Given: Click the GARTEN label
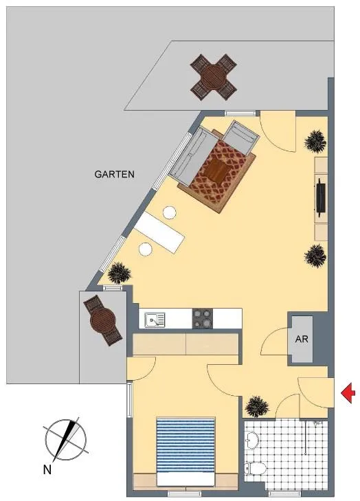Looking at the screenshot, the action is coord(114,175).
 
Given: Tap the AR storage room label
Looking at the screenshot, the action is coord(302,339).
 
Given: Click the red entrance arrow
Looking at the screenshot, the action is coord(348,392).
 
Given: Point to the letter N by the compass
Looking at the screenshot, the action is coord(47,469).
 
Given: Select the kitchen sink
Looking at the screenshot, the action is coord(155,320).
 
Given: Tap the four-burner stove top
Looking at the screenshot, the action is coord(203,318).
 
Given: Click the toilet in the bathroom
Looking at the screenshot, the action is coord(255,469).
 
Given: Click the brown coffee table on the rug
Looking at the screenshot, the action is coord(217,170).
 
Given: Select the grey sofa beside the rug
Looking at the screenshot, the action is coord(193,157).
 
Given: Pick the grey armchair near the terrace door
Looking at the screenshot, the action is coord(241,137).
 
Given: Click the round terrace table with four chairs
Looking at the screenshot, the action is coord(214,77).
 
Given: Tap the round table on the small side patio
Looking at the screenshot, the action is coord(102,320).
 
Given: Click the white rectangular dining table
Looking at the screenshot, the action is coord(159,232).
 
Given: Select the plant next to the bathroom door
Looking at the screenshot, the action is coord(257,406).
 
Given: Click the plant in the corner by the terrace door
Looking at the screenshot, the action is coord(315,141).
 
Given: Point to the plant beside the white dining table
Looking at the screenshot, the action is coord(120,274).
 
